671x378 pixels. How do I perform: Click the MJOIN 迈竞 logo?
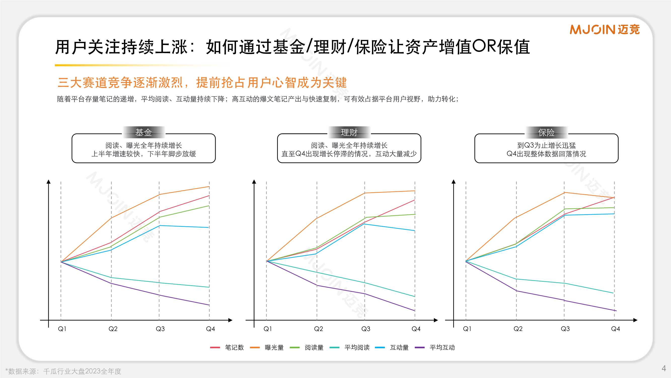(604, 29)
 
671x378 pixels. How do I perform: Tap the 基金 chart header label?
(143, 132)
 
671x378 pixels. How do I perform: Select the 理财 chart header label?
(349, 132)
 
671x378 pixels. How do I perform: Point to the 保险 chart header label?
(546, 132)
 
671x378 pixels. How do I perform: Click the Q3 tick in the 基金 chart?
(160, 329)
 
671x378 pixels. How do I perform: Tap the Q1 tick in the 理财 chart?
(268, 329)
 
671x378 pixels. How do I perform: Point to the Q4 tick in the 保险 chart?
(615, 329)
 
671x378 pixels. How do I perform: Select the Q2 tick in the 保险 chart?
(518, 329)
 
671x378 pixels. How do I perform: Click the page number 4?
(663, 368)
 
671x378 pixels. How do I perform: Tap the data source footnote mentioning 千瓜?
(63, 371)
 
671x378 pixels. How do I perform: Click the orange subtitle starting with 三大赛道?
(202, 83)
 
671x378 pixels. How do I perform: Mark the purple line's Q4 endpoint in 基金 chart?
(209, 305)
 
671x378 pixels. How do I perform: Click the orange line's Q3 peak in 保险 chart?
(564, 193)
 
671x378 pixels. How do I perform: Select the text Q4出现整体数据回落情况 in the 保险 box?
(546, 154)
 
